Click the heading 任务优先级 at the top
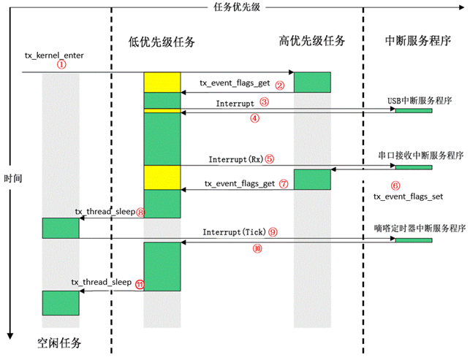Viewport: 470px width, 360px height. [x=234, y=6]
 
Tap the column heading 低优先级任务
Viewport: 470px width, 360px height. [x=162, y=42]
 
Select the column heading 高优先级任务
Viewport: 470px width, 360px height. [x=312, y=39]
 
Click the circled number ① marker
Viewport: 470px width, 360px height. [x=61, y=64]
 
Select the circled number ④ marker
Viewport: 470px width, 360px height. [x=254, y=118]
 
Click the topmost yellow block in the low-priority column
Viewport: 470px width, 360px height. [x=162, y=83]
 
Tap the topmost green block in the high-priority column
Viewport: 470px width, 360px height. [x=312, y=82]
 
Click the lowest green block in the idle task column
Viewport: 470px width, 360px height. [x=61, y=302]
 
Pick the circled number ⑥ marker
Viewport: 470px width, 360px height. [x=395, y=185]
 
